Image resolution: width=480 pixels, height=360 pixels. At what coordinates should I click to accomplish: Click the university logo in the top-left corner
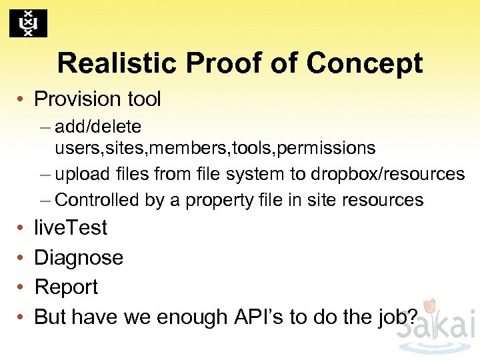[28, 24]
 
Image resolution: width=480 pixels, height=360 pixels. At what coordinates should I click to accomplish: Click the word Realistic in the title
[116, 63]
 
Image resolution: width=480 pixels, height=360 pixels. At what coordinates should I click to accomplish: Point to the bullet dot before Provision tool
[21, 99]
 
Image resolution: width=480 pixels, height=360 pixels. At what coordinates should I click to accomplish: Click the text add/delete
[98, 126]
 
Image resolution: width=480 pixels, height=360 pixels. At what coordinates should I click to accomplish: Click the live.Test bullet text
[70, 227]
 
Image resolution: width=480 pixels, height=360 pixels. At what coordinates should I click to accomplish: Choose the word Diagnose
[78, 257]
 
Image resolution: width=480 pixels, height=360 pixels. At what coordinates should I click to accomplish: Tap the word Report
[65, 287]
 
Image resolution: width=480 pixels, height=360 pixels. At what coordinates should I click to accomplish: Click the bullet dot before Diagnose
[21, 257]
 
